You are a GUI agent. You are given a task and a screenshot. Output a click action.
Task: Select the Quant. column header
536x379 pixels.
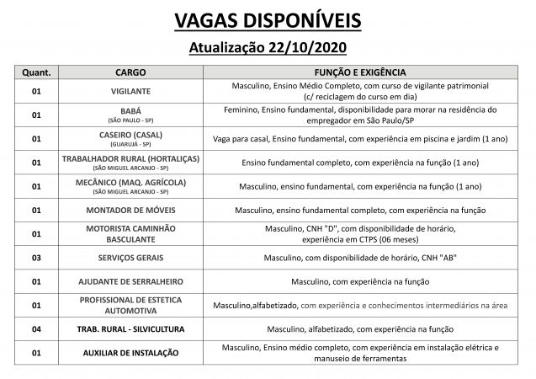click(x=36, y=72)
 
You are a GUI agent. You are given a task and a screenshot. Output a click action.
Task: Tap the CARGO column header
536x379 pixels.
click(x=130, y=72)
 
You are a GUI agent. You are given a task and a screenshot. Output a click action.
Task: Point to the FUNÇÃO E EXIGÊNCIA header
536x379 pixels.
click(x=360, y=72)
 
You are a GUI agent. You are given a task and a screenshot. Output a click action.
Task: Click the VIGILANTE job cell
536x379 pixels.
click(x=130, y=91)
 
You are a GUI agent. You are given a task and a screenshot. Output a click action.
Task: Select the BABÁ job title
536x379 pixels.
click(x=130, y=110)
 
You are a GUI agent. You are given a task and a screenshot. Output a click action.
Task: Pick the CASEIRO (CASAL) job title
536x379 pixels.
click(x=130, y=134)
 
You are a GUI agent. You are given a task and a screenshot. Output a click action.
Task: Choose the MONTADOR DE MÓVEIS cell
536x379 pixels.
click(x=130, y=210)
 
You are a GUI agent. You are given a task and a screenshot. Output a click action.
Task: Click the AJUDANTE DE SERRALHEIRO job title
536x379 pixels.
click(x=130, y=280)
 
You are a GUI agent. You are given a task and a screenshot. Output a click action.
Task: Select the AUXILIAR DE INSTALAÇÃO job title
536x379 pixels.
click(x=130, y=352)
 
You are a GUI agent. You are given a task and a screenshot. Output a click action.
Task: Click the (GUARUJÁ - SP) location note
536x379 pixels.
click(x=130, y=144)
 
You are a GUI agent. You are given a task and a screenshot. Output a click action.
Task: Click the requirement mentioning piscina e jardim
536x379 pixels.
click(x=360, y=138)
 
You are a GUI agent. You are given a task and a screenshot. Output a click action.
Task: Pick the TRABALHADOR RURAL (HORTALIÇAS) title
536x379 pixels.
click(x=130, y=158)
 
